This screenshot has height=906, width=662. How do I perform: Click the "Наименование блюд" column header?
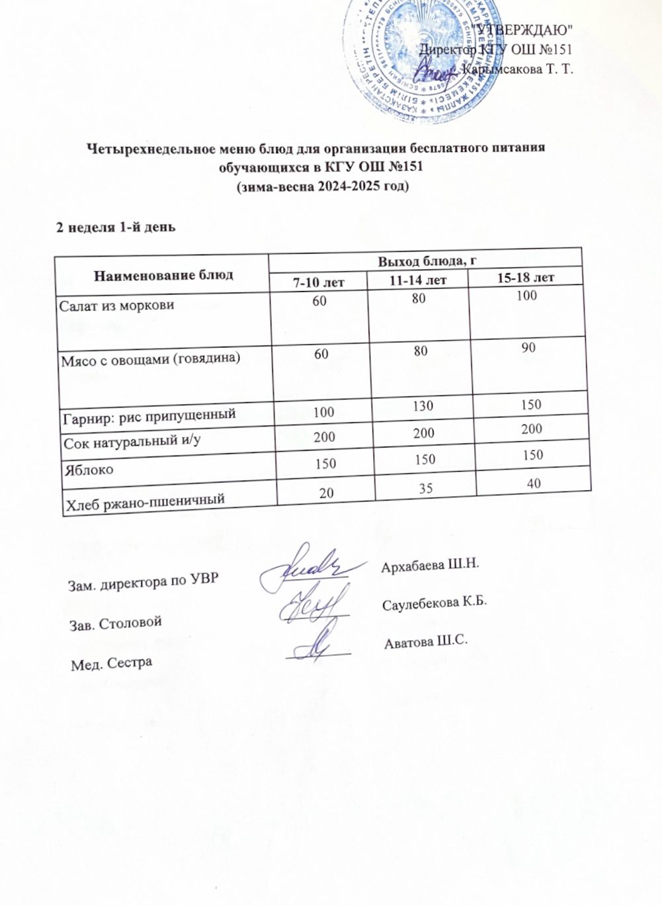point(163,274)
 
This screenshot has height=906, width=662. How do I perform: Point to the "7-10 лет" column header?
point(319,282)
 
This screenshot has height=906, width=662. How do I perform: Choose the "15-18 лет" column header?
point(525,277)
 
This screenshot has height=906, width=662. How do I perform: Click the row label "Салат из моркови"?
point(117,306)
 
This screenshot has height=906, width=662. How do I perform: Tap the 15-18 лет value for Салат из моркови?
point(526,296)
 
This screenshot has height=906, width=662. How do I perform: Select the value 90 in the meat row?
point(527,348)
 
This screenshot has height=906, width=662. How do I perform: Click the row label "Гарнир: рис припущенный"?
point(149,415)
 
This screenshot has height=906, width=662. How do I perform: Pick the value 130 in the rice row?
point(423,406)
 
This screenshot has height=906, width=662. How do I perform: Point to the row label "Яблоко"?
point(87,470)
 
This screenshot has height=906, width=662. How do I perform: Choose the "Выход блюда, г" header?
point(427,261)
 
